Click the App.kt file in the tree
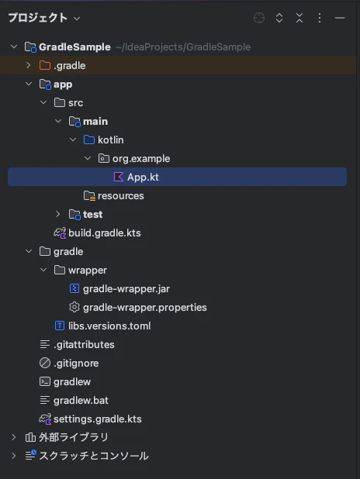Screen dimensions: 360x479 (x=143, y=177)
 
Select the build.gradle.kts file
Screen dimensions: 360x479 (x=104, y=233)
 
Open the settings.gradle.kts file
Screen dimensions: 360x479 (x=97, y=419)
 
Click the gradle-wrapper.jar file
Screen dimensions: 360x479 (x=126, y=288)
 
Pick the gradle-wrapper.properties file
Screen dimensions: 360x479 (x=144, y=307)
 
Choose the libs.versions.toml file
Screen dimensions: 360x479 (x=109, y=326)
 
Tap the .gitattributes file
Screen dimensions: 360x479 (x=84, y=345)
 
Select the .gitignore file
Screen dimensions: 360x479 (x=76, y=364)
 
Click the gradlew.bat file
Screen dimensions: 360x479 (x=81, y=400)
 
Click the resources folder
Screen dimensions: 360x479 (x=120, y=195)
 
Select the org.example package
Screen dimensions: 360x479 (x=141, y=159)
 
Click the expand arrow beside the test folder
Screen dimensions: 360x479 (x=58, y=214)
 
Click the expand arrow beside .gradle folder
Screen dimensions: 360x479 (x=29, y=65)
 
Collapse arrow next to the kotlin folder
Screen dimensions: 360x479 (x=73, y=140)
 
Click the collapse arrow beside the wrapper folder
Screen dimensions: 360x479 (x=43, y=270)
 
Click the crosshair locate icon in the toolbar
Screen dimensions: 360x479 (x=259, y=18)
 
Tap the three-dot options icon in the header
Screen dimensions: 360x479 (x=320, y=18)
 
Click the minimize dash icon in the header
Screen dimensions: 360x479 (x=340, y=18)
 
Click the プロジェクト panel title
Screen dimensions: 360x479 (x=37, y=18)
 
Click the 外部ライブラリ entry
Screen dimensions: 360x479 (x=74, y=437)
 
